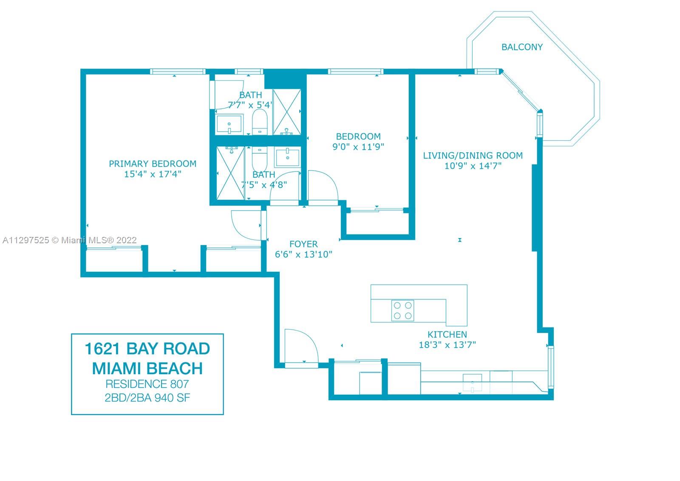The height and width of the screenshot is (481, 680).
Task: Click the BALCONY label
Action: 522,47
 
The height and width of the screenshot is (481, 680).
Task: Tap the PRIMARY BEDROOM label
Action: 153,164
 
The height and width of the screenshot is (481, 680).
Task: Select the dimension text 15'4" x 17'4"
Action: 153,174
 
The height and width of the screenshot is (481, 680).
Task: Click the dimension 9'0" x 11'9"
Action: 358,147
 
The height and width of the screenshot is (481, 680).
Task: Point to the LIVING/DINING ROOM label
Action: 473,156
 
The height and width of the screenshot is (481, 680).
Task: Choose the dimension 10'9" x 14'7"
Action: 473,166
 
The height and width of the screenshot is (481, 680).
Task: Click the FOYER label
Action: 303,244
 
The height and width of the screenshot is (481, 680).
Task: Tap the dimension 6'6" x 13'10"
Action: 303,254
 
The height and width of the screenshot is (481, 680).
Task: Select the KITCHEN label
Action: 447,335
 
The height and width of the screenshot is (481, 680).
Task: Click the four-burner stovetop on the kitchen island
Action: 402,310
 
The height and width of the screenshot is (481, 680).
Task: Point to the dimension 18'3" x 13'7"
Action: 447,345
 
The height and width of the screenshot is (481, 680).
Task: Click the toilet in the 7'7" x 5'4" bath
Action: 260,122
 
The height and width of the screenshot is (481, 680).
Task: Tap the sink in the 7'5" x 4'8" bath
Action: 287,157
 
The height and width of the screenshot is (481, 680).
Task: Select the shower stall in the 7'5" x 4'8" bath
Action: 230,173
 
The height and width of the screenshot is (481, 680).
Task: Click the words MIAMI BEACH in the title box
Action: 147,369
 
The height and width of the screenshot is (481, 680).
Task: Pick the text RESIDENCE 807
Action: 147,384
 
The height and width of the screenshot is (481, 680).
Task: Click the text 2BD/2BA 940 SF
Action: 147,398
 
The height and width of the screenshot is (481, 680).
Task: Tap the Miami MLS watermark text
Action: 70,240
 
